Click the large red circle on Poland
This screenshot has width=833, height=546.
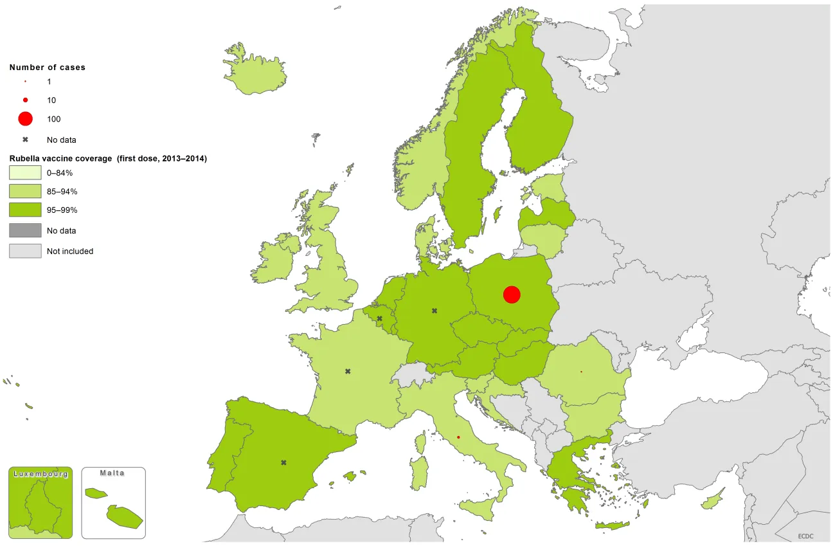(512, 295)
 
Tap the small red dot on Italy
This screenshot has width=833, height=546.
(458, 437)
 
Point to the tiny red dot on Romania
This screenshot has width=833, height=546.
(581, 372)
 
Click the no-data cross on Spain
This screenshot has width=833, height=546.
(283, 462)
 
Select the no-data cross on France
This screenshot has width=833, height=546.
(348, 371)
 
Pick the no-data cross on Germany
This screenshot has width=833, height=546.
(434, 311)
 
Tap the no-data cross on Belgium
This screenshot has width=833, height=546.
(379, 318)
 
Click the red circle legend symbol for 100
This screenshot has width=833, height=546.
(25, 119)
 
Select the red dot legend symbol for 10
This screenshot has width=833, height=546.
(25, 100)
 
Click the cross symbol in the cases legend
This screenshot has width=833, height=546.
(25, 140)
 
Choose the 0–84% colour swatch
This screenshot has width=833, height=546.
(24, 173)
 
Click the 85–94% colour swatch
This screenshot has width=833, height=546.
(24, 192)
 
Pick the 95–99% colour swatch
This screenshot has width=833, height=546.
(24, 210)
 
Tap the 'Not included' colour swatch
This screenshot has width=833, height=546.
(24, 251)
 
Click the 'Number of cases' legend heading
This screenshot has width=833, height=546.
(47, 67)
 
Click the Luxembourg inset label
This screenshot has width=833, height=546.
(40, 474)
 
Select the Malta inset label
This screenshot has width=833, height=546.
(112, 473)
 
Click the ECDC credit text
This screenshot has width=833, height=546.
(806, 536)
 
